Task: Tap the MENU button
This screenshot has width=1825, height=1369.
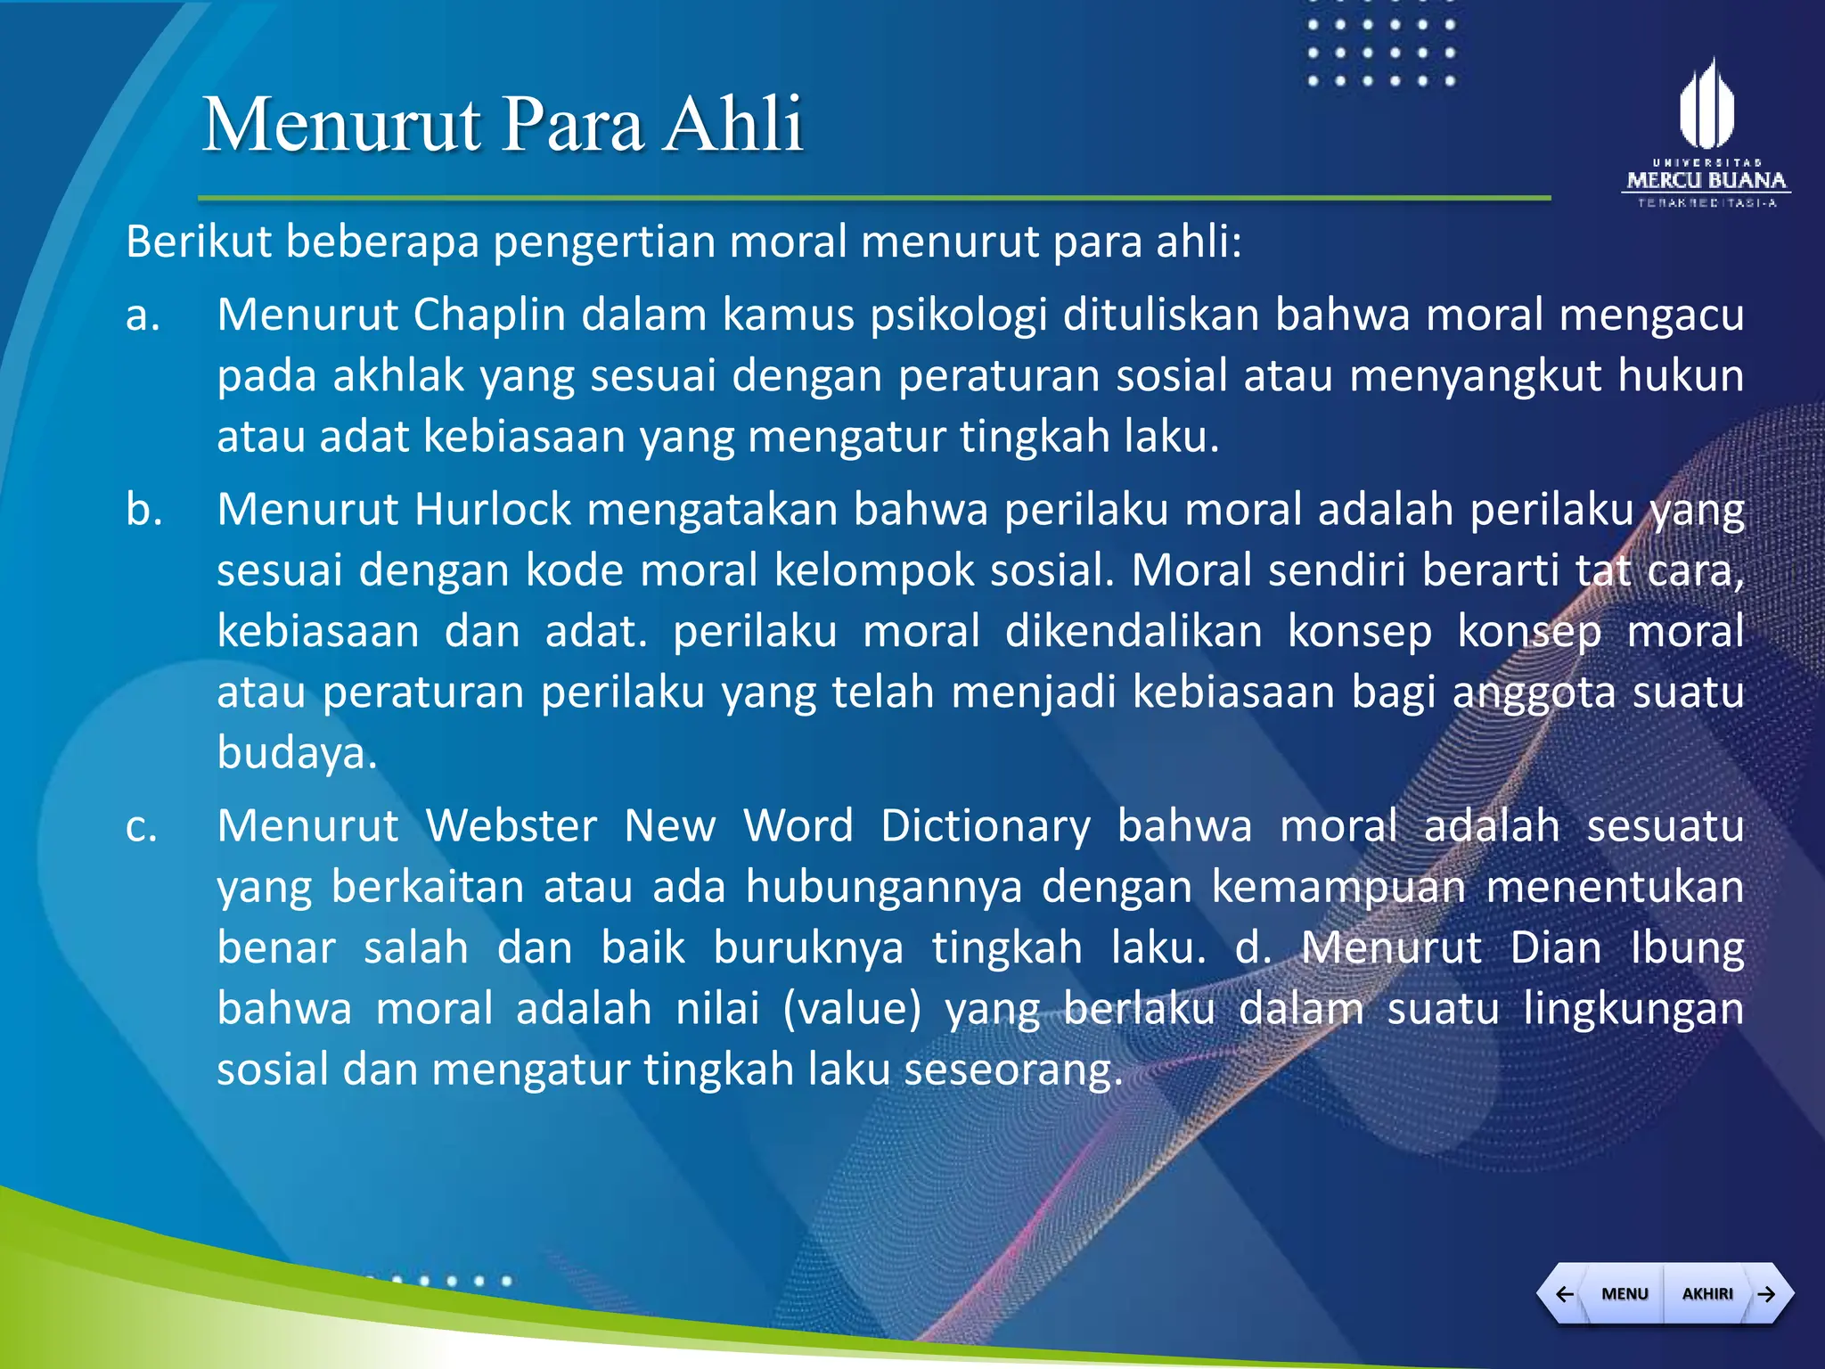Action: click(x=1624, y=1293)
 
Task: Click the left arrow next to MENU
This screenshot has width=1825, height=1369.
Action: click(x=1564, y=1293)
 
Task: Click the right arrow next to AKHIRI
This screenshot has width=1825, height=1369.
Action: click(x=1766, y=1293)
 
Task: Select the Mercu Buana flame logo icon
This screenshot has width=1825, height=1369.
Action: click(x=1706, y=105)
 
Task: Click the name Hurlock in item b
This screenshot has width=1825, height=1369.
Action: click(x=492, y=510)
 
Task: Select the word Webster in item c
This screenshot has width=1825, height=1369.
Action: click(x=511, y=826)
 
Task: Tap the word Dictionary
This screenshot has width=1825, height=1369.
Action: click(x=985, y=826)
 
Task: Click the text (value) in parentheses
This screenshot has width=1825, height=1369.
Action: click(x=852, y=1009)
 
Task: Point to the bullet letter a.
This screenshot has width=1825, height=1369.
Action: click(x=143, y=316)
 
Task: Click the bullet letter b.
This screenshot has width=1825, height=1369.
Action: click(x=143, y=510)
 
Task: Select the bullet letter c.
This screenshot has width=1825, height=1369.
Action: click(x=142, y=826)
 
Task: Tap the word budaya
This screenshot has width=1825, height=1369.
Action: click(x=297, y=754)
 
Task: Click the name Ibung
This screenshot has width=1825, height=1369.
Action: click(x=1686, y=948)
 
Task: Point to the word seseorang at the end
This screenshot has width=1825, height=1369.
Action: click(x=1012, y=1070)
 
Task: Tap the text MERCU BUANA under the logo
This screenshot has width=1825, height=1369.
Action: click(x=1706, y=181)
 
